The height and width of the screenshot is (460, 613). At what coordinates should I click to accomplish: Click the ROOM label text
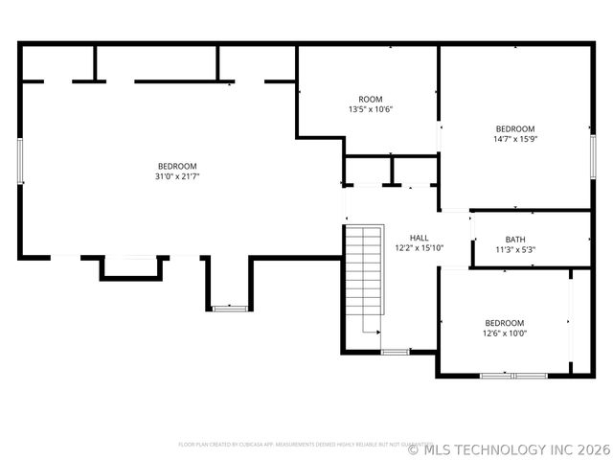(x=370, y=100)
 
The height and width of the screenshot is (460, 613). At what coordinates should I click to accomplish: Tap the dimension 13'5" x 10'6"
(x=370, y=109)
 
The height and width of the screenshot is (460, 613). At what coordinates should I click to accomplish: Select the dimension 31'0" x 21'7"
(x=177, y=175)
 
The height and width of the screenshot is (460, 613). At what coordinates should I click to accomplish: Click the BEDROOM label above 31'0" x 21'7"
(x=177, y=166)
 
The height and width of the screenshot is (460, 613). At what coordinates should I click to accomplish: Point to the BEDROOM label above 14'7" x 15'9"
(x=514, y=128)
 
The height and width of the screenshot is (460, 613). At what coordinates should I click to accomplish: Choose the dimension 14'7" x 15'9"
(x=514, y=138)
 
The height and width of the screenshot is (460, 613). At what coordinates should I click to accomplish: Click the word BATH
(x=514, y=240)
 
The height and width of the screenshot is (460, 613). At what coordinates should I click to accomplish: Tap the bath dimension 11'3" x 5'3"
(x=514, y=249)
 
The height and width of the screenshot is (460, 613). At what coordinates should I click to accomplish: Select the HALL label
(x=419, y=238)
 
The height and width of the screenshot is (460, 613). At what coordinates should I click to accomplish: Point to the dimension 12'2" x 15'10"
(x=419, y=247)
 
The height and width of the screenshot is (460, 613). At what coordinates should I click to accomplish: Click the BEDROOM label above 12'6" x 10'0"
(x=504, y=323)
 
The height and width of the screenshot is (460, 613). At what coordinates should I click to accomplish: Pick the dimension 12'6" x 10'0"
(x=504, y=333)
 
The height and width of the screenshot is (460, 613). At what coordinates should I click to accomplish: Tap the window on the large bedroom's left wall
(x=20, y=160)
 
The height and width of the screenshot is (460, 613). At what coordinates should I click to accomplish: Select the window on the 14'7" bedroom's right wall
(x=593, y=155)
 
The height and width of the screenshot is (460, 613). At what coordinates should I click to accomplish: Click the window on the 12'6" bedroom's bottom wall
(x=513, y=376)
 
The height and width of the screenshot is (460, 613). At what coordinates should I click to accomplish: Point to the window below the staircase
(x=395, y=353)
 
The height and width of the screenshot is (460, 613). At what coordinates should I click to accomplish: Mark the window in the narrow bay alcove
(x=228, y=309)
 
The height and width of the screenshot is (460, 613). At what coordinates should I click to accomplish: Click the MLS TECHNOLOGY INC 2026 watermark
(x=508, y=448)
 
